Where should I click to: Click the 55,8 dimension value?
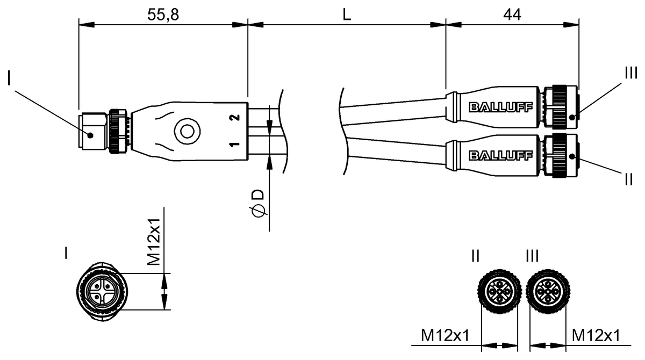tap(163, 15)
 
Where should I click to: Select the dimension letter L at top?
tap(347, 15)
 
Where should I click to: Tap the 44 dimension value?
tap(512, 15)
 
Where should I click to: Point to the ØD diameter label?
tap(259, 203)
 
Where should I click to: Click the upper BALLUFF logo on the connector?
tap(501, 107)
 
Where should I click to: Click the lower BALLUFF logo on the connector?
tap(501, 156)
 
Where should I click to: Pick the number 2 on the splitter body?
tap(235, 118)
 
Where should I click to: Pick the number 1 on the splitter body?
tap(235, 144)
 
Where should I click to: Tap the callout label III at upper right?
tap(630, 73)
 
